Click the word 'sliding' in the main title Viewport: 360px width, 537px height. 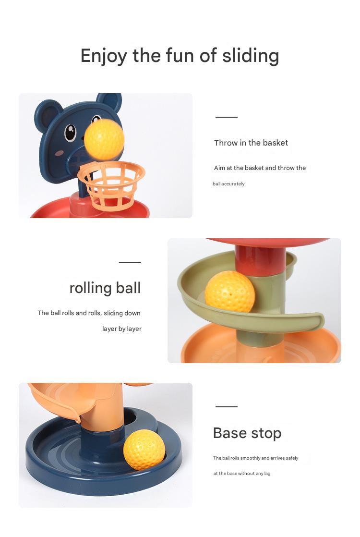tap(251, 56)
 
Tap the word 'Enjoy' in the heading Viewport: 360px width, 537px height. tap(104, 56)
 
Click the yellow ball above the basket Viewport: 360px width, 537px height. tap(104, 139)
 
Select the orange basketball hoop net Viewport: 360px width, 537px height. tap(111, 185)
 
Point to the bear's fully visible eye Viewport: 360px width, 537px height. tap(70, 133)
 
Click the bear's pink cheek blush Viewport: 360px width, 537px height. tap(59, 153)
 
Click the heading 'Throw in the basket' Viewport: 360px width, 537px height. tap(251, 143)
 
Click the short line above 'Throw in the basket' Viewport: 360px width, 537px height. tap(226, 117)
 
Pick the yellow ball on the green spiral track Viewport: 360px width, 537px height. tap(229, 292)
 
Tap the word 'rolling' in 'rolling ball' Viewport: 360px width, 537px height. tap(91, 288)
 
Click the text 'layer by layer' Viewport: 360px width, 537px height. tap(122, 329)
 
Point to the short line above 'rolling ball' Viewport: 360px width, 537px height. tap(130, 262)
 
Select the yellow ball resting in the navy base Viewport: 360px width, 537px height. tap(144, 449)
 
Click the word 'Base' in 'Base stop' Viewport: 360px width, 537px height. tap(230, 433)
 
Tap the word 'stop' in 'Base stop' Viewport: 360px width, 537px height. tap(266, 434)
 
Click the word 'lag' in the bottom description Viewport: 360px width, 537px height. tap(267, 474)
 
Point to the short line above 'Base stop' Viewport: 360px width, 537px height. tap(226, 407)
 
